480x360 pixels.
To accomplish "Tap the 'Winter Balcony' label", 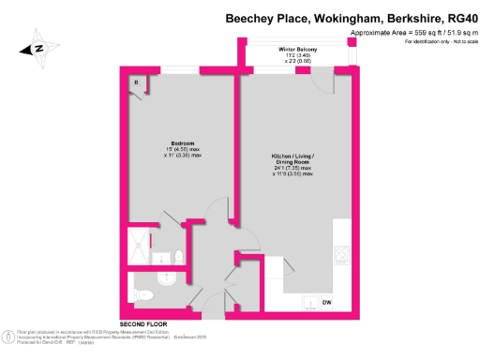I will [x=298, y=50].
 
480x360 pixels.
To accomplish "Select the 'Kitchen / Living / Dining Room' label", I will [x=299, y=156].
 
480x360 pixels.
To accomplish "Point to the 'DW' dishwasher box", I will [x=326, y=302].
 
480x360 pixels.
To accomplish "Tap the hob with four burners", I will [x=341, y=253].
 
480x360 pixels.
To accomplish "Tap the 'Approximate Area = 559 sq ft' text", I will [x=384, y=34].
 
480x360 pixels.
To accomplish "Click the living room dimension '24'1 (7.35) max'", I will [x=299, y=168].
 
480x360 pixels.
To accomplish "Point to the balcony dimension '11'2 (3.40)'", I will [x=298, y=56].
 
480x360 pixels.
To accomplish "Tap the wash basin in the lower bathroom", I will [x=167, y=278].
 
